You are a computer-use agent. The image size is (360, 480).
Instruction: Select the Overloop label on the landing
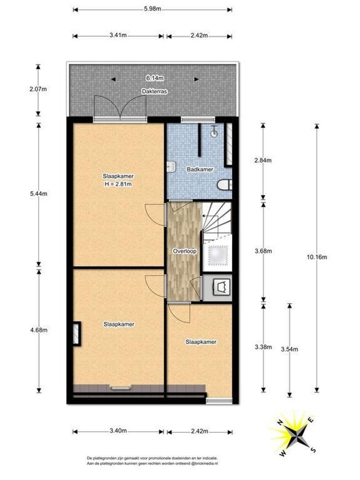click(184, 251)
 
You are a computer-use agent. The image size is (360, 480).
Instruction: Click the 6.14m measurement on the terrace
click(155, 79)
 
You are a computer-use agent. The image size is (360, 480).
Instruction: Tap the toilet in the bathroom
click(224, 184)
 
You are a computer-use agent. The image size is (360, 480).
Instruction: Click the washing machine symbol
click(221, 287)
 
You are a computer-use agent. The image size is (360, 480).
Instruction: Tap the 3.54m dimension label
click(289, 349)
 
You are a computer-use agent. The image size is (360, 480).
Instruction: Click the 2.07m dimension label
click(38, 89)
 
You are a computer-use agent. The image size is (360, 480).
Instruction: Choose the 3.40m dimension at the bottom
click(119, 431)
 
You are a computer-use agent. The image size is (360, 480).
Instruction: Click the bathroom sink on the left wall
click(171, 167)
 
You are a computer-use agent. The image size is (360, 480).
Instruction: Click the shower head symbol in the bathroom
click(215, 132)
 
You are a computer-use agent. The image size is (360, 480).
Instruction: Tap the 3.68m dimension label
click(263, 251)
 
